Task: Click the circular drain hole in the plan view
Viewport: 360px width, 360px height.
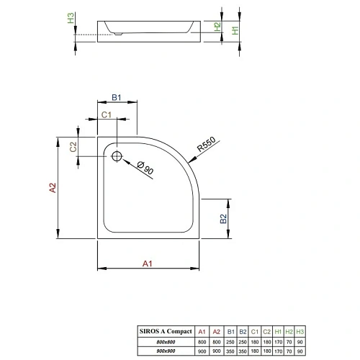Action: tap(117, 155)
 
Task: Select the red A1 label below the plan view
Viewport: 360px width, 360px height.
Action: tap(147, 264)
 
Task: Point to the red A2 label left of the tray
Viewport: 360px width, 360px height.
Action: tap(52, 188)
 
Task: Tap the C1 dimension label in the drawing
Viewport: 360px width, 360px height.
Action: tap(105, 114)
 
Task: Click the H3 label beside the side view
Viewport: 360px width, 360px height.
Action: tap(70, 19)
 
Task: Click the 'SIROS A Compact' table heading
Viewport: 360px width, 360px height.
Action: tap(166, 330)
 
